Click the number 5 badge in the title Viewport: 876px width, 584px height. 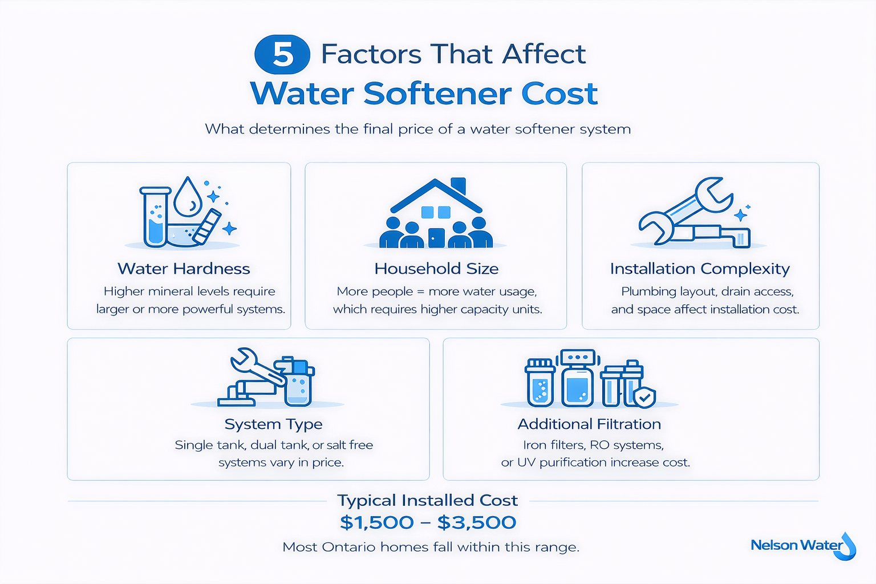(x=282, y=55)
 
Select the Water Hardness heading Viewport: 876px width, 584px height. (x=184, y=269)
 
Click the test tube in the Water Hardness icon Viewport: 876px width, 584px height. (x=155, y=217)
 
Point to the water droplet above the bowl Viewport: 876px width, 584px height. (x=188, y=198)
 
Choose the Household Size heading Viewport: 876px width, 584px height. (x=436, y=269)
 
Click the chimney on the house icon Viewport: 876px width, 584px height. (x=458, y=186)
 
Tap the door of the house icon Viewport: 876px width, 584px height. (x=436, y=237)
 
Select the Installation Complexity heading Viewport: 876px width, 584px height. (x=700, y=269)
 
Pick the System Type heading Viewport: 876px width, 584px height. (x=273, y=424)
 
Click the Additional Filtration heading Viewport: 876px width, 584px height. (x=589, y=424)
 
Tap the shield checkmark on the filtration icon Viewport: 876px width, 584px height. (x=645, y=398)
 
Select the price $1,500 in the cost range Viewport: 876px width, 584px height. (x=377, y=522)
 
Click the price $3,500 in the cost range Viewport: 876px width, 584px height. (x=477, y=522)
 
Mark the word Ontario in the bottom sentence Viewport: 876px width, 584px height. (x=348, y=547)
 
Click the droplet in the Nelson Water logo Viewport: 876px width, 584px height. (x=849, y=546)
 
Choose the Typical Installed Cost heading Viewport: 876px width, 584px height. (x=427, y=500)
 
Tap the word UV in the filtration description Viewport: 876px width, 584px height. (x=526, y=463)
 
